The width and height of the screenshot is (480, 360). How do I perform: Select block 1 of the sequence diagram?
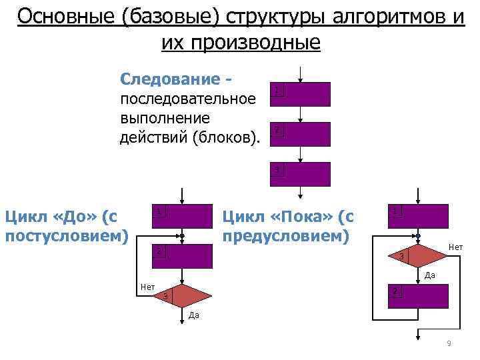pos(301,94)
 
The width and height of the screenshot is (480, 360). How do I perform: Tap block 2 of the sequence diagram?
pos(301,133)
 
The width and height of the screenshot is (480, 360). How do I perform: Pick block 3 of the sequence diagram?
pos(301,174)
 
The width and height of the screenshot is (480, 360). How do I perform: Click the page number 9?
pos(449,343)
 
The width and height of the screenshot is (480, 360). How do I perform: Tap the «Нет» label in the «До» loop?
pos(147,287)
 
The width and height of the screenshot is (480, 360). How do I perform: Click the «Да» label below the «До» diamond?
pos(193,315)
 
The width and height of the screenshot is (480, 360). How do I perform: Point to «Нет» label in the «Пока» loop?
pos(455,247)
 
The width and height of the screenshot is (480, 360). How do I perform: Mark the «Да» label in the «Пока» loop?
pos(430,275)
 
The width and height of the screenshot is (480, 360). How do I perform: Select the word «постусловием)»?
pos(66,235)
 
